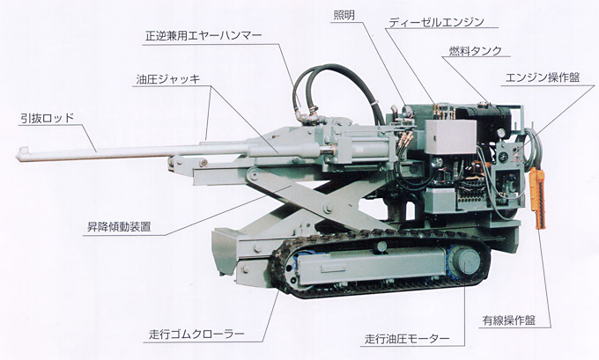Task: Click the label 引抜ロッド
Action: pyautogui.click(x=49, y=116)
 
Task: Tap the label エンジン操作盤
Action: pyautogui.click(x=540, y=77)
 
